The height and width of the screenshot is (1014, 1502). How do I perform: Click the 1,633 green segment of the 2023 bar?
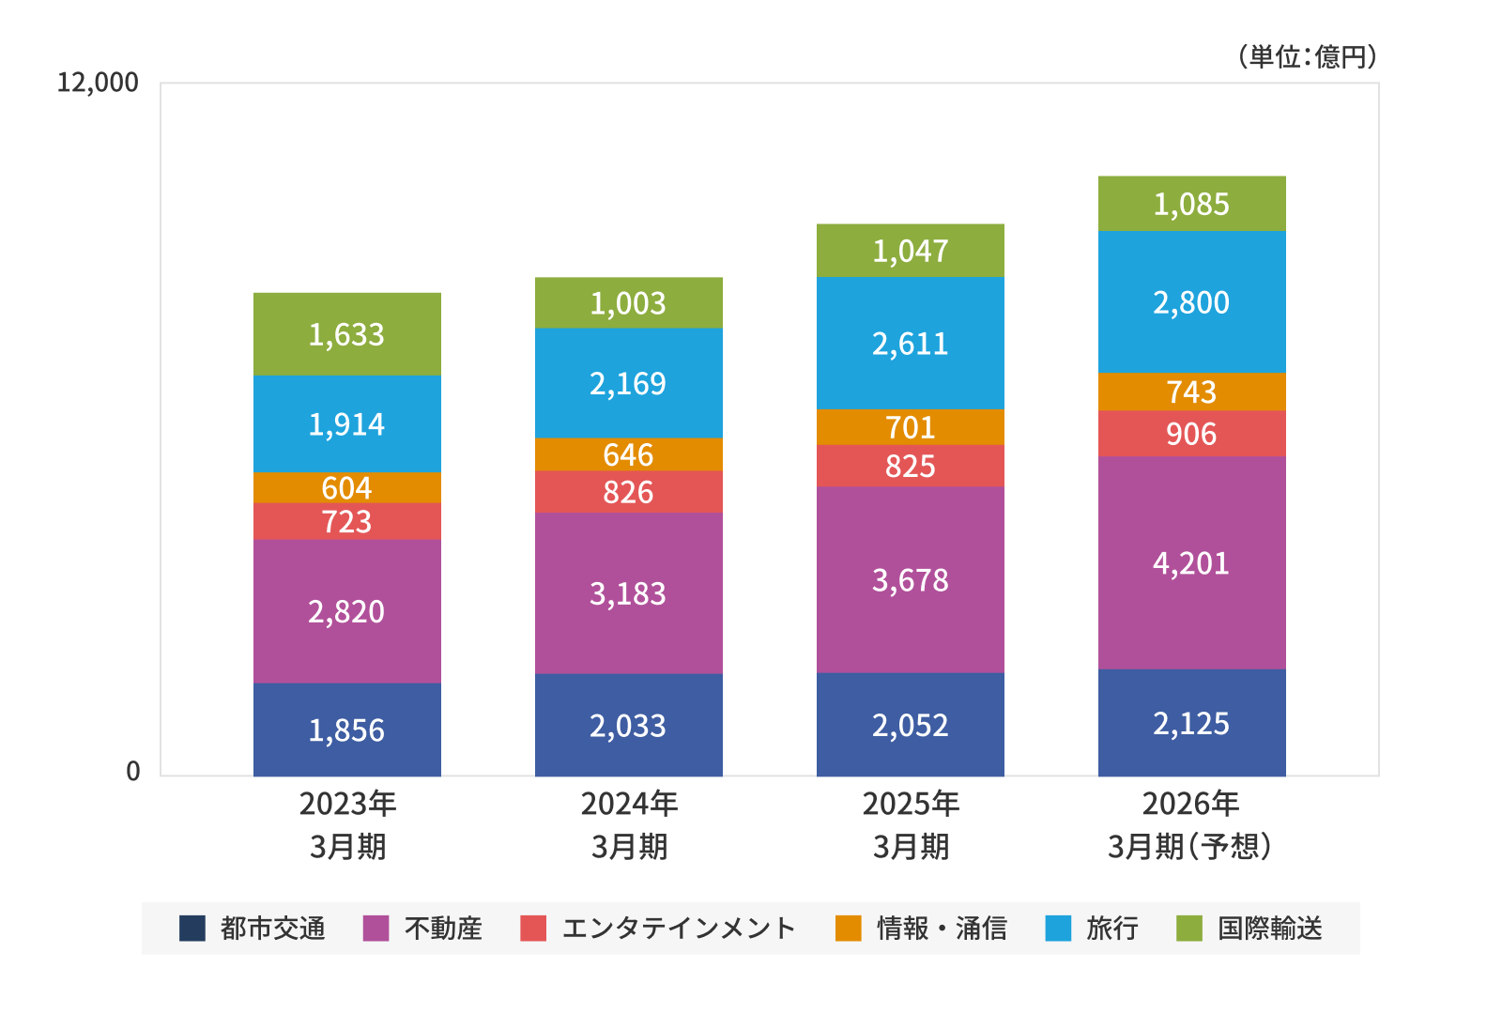click(346, 334)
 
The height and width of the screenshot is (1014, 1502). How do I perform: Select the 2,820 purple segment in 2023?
click(346, 611)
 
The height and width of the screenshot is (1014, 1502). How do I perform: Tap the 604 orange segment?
click(346, 487)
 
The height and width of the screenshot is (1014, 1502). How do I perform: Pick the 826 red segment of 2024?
click(628, 492)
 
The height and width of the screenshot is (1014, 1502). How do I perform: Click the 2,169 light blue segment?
click(628, 383)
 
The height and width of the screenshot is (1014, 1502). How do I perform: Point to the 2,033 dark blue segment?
click(628, 725)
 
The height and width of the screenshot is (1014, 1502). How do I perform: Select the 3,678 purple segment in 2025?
click(910, 579)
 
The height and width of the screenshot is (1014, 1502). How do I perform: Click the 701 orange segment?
click(910, 427)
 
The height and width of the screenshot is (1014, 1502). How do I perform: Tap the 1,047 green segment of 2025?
click(910, 251)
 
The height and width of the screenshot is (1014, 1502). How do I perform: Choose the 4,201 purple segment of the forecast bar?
click(1191, 563)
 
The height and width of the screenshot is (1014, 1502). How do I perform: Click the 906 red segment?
click(1191, 434)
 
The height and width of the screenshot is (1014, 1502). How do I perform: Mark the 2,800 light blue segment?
click(1191, 302)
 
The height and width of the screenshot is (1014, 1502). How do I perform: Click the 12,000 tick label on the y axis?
click(98, 83)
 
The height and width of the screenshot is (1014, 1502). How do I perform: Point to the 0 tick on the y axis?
click(133, 771)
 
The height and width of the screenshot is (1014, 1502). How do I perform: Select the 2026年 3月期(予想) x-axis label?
click(1190, 825)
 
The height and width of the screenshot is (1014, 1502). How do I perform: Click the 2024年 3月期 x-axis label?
click(629, 825)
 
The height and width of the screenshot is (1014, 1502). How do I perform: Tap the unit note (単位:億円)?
click(1308, 56)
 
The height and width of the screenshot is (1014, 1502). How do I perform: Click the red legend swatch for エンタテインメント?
click(533, 928)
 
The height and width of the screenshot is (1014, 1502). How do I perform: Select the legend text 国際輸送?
click(1270, 928)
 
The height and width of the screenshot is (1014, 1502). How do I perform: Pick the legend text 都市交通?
click(272, 928)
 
